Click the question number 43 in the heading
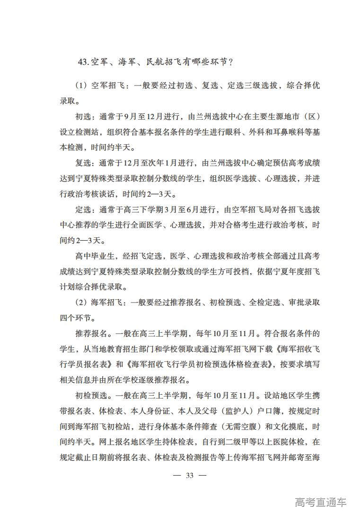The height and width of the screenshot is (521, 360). tap(83, 62)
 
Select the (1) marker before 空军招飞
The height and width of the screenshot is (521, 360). tap(81, 86)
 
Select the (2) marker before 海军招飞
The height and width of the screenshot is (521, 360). tap(81, 302)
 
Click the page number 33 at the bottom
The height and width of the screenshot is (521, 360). tap(190, 475)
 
